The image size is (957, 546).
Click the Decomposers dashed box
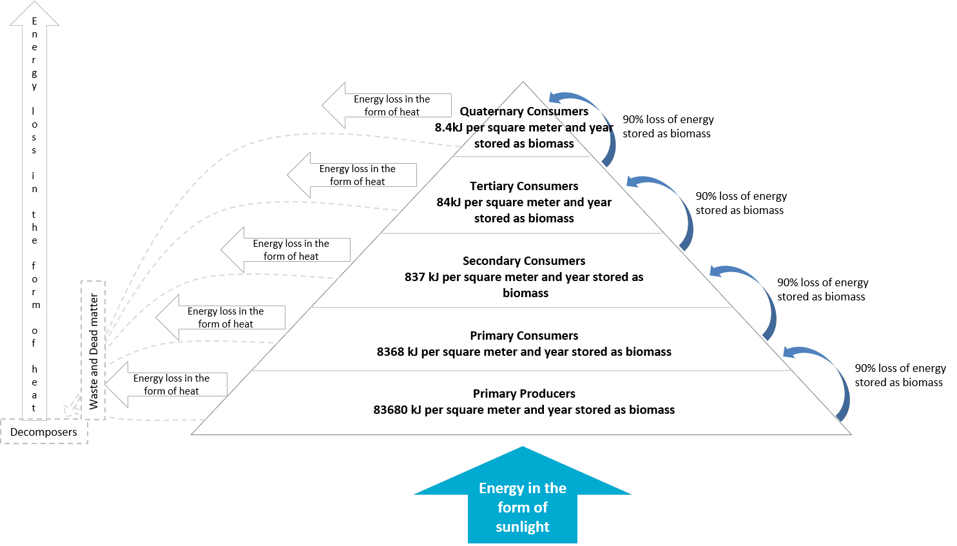click(x=44, y=432)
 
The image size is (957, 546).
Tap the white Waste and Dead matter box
click(x=93, y=351)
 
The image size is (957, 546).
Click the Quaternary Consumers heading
click(x=524, y=112)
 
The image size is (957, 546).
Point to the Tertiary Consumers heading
click(x=524, y=186)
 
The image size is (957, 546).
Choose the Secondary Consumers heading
click(x=524, y=261)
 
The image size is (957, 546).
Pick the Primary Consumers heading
click(x=524, y=336)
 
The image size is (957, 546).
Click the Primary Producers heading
click(x=524, y=394)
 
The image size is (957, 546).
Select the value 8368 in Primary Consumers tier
click(x=391, y=352)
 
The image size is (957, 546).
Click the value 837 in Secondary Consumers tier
click(x=415, y=277)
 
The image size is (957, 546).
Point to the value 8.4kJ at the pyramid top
click(x=447, y=128)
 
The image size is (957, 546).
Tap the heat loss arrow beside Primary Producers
click(x=166, y=385)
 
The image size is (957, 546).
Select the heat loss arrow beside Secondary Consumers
click(x=285, y=250)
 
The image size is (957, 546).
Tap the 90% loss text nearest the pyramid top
click(x=668, y=126)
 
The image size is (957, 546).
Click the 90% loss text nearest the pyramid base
click(x=900, y=375)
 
